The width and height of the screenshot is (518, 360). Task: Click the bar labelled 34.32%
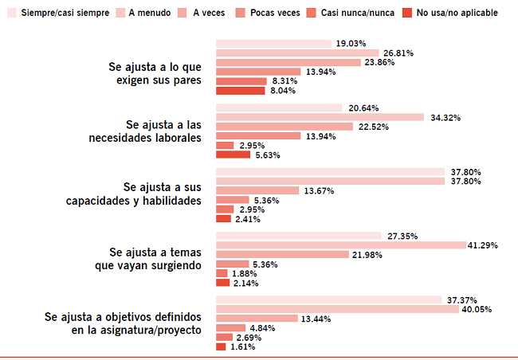pyautogui.click(x=320, y=117)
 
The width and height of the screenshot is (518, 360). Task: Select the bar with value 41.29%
pyautogui.click(x=341, y=245)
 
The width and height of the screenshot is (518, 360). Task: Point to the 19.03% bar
pyautogui.click(x=273, y=43)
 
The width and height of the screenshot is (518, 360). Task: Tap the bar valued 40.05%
pyautogui.click(x=337, y=309)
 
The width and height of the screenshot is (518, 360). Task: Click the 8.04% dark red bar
pyautogui.click(x=240, y=91)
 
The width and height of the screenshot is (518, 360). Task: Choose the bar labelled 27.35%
pyautogui.click(x=299, y=236)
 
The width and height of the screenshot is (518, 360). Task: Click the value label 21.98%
pyautogui.click(x=368, y=254)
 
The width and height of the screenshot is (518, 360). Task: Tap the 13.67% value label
pyautogui.click(x=317, y=191)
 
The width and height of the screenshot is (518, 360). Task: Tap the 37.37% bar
pyautogui.click(x=329, y=299)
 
